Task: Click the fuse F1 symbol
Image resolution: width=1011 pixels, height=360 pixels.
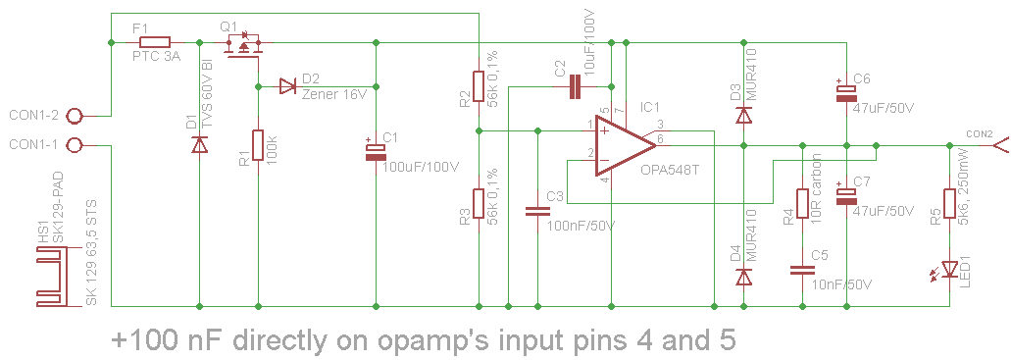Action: pos(155,43)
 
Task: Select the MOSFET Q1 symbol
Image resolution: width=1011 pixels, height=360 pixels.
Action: pos(245,47)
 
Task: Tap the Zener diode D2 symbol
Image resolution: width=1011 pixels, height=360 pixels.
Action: pos(287,86)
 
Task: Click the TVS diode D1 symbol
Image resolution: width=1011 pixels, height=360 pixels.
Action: pos(200,145)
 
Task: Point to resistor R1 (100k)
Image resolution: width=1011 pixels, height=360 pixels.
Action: pos(258,145)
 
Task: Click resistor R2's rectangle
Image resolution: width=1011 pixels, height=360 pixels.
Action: pos(478,86)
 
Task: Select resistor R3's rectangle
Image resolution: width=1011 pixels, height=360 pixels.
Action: pos(478,204)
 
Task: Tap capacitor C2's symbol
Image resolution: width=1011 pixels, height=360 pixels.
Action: pos(576,88)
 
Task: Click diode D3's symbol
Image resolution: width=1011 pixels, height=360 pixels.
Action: pos(743,116)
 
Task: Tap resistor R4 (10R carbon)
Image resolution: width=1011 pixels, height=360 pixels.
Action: pos(802,203)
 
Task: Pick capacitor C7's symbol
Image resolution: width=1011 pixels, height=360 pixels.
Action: pos(845,195)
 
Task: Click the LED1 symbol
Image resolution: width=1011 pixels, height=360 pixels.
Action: pos(949,268)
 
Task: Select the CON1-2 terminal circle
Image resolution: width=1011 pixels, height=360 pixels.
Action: pos(81,115)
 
